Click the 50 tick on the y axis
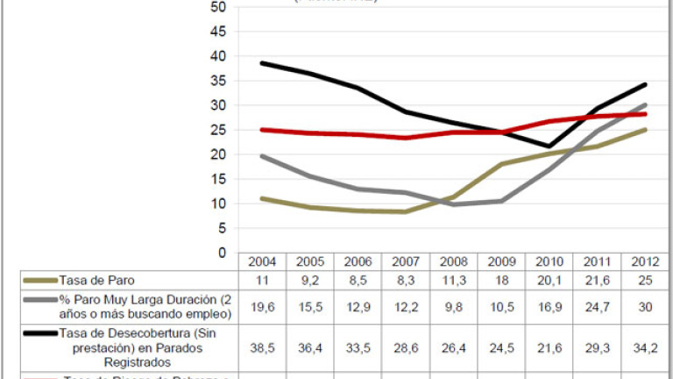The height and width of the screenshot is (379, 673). point(218,7)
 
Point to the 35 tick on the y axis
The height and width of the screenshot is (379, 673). point(218,81)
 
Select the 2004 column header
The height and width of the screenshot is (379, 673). point(262,262)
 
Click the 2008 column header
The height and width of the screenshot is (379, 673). point(454,262)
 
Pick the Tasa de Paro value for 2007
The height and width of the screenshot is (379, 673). point(406,281)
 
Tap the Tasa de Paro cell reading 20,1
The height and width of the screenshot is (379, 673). point(549,281)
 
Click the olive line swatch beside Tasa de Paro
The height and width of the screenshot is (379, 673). point(40,281)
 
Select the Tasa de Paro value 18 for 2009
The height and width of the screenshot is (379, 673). point(501,281)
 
